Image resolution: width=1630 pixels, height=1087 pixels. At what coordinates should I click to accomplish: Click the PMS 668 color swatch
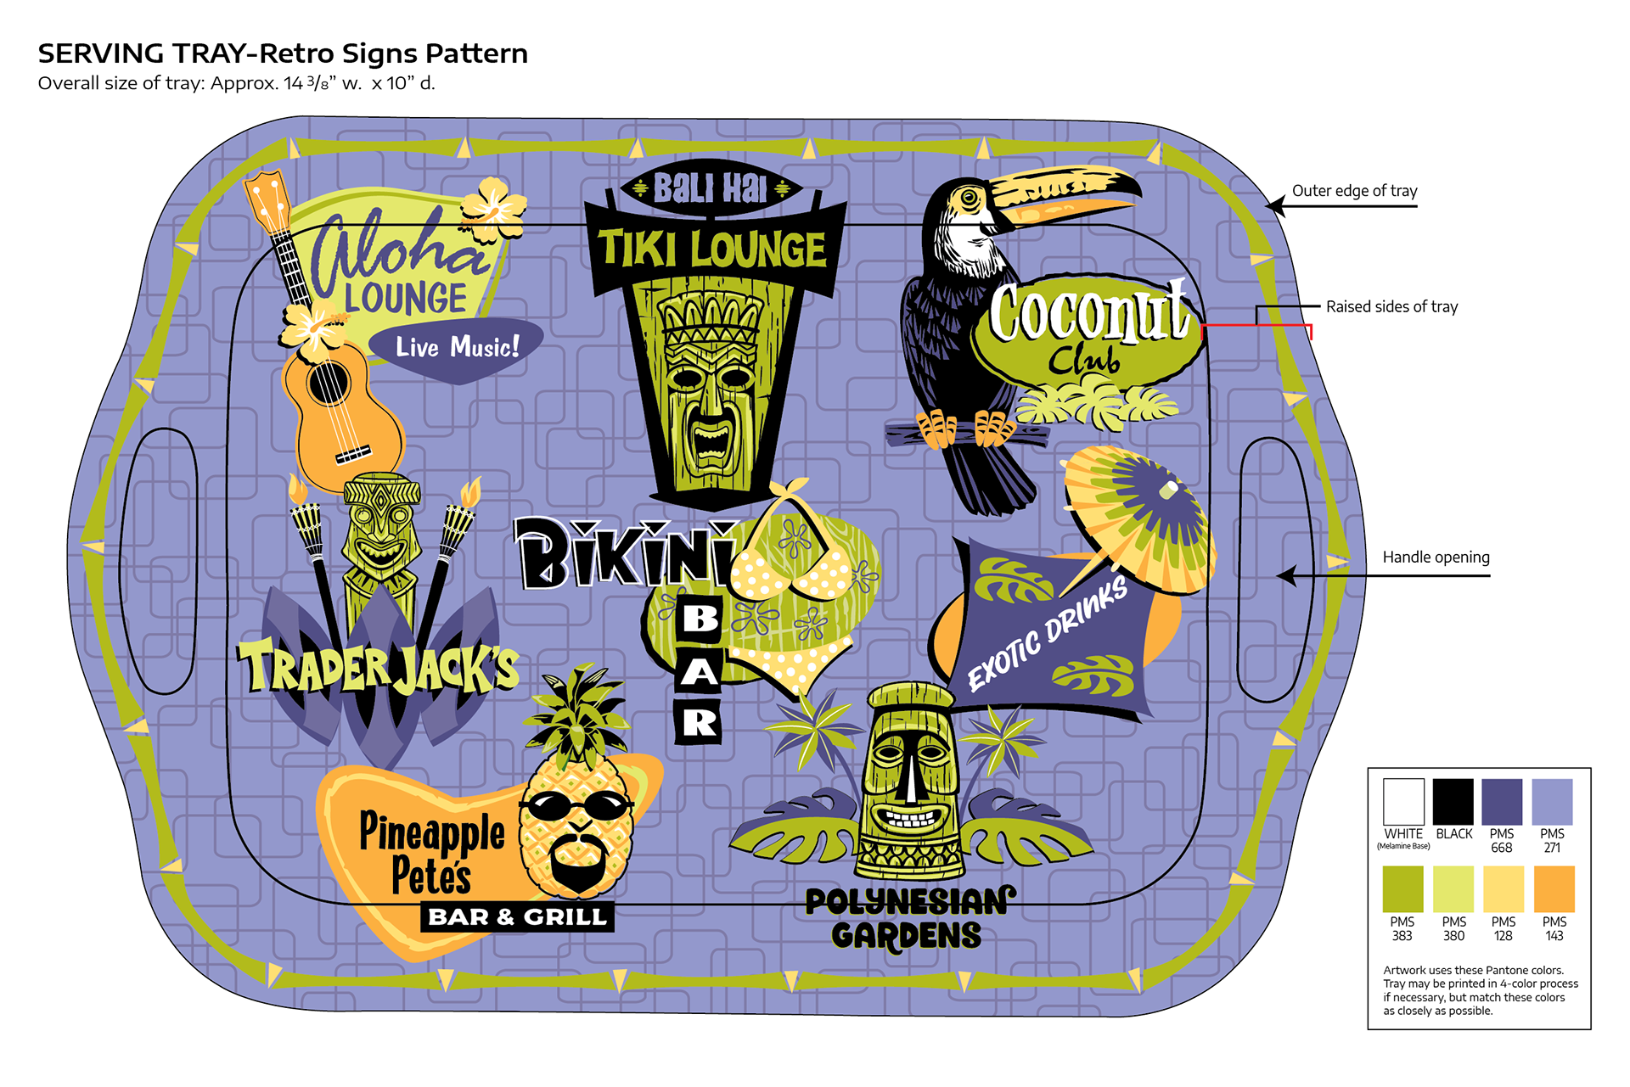1501,801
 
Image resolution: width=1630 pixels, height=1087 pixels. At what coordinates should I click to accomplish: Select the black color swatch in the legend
1453,801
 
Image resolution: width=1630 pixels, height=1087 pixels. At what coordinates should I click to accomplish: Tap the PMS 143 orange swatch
1554,888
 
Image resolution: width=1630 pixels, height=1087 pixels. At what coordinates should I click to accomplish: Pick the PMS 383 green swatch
1402,888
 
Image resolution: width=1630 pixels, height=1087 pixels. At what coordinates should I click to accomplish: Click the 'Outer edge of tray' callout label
1354,191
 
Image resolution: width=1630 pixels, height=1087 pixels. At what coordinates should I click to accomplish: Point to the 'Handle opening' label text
1436,558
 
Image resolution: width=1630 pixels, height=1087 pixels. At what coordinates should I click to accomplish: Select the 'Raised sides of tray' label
1391,306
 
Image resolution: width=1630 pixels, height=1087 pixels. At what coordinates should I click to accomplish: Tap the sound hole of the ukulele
329,383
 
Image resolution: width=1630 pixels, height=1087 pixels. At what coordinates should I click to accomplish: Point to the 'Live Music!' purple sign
458,347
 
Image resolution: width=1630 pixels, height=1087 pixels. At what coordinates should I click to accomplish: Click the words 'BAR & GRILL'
517,917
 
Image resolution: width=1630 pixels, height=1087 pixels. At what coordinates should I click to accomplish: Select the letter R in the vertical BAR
699,723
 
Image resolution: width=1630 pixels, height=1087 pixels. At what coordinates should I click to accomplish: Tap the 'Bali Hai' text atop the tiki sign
710,188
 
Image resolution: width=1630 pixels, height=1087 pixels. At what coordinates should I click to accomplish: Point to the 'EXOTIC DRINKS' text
1048,632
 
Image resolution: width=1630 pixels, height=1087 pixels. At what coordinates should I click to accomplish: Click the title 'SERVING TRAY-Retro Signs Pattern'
283,53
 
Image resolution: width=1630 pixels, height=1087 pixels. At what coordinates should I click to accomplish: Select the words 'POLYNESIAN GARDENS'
908,918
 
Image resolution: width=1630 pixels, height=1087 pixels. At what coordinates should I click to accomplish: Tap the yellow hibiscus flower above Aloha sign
492,206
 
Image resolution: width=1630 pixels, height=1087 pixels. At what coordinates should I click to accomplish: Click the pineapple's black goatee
577,863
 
